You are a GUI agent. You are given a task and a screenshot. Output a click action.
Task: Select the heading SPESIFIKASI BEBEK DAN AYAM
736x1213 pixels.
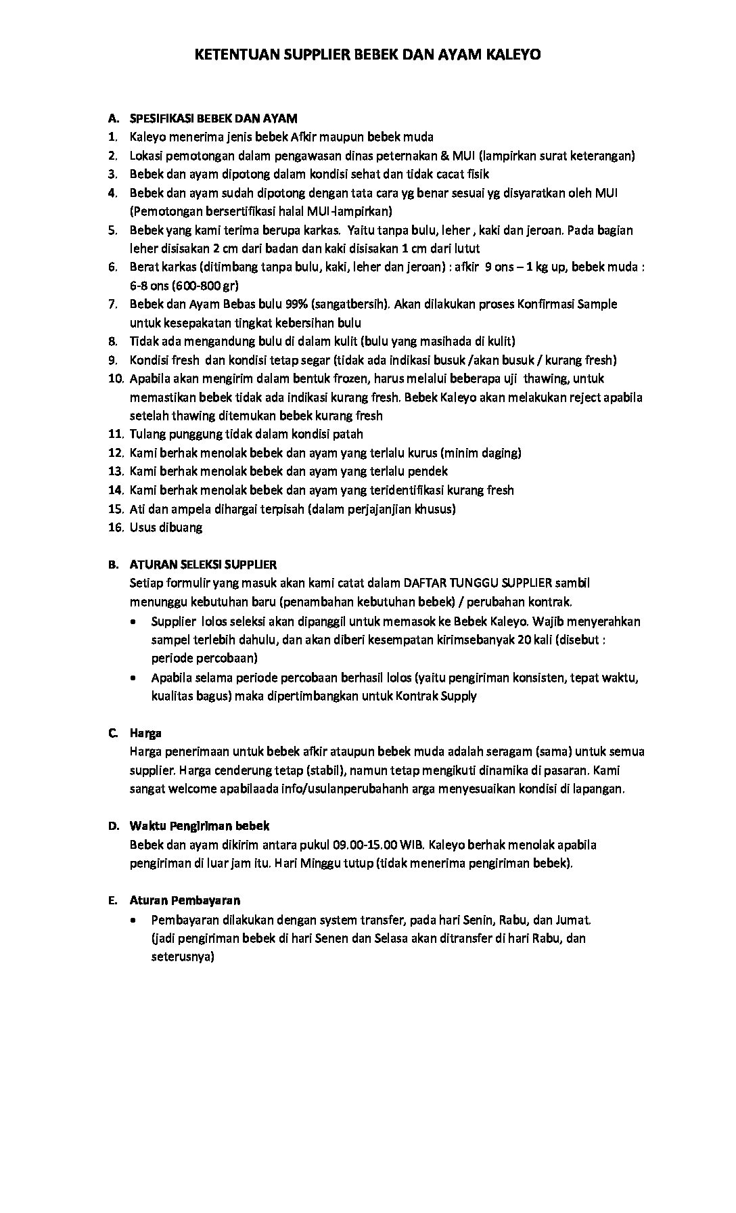213,118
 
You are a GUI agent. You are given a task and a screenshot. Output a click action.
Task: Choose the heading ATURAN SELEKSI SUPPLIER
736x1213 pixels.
203,564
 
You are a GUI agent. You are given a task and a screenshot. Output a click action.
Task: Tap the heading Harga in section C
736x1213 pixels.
145,733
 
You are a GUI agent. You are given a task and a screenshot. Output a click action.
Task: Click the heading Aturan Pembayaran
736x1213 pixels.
185,900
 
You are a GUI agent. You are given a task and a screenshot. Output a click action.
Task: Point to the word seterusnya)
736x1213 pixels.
183,957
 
